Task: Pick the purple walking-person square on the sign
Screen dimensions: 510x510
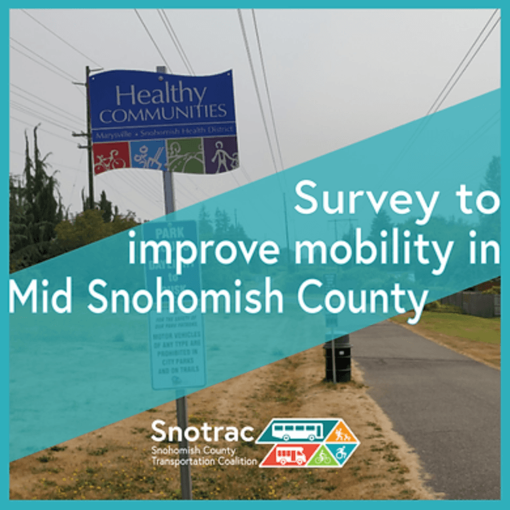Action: [x=221, y=158]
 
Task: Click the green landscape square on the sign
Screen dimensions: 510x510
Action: [x=184, y=157]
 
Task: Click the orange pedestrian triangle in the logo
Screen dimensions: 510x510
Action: [x=341, y=432]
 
